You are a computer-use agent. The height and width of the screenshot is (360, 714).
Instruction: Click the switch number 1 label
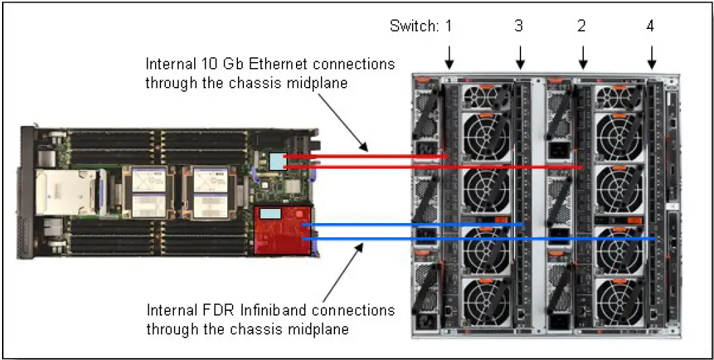449,27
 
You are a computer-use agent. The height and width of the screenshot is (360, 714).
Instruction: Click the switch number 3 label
518,27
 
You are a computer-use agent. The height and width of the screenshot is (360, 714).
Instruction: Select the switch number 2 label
582,27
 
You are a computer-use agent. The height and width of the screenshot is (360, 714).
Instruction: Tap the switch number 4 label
650,27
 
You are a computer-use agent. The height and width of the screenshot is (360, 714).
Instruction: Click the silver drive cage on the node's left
65,192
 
